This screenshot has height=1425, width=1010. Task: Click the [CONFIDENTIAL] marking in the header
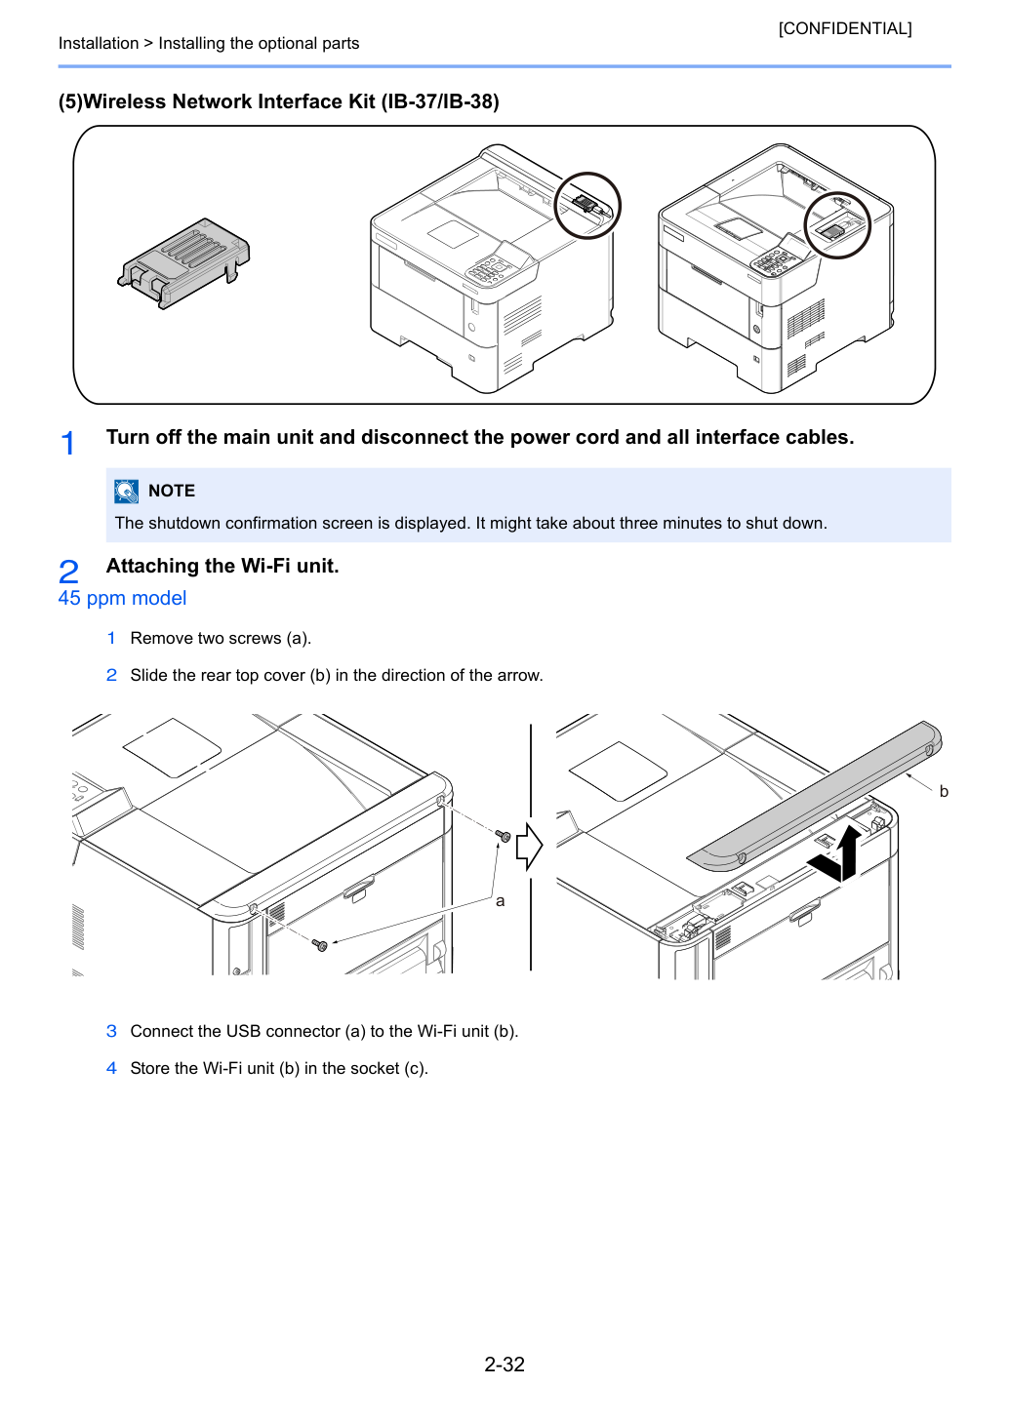pos(844,28)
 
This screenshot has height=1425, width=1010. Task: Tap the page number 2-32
pos(505,1364)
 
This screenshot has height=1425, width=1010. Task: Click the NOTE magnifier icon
pos(126,492)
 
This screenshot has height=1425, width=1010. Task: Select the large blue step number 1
pos(67,443)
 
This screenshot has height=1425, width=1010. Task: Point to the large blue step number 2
pos(68,572)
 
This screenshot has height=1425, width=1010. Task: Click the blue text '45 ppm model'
pos(122,598)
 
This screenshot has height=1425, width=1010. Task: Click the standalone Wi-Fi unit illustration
pos(183,262)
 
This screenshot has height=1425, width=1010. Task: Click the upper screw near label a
pos(504,836)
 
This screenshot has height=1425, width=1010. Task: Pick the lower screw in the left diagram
pos(320,945)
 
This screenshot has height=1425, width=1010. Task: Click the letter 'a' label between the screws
pos(501,901)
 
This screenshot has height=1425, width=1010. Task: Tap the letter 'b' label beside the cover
pos(944,791)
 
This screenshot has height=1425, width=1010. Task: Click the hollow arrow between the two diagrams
pos(529,847)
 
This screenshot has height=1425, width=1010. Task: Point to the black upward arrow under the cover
pos(848,853)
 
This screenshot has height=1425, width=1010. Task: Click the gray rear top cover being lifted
pos(815,797)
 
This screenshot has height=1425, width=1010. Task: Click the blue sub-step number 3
pos(111,1031)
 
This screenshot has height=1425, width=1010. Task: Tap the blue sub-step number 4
pos(111,1068)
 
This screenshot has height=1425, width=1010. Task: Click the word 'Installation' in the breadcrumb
pos(99,43)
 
